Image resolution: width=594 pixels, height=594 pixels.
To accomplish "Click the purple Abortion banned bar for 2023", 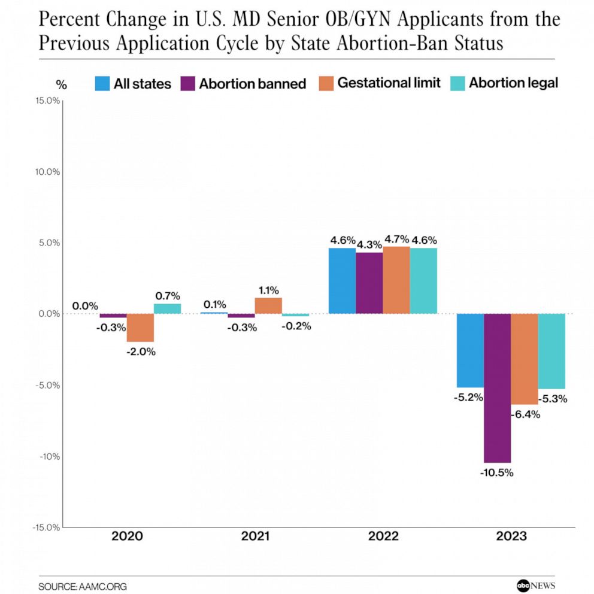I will click(497, 388).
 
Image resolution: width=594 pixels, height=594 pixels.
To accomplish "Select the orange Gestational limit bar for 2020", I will click(140, 328).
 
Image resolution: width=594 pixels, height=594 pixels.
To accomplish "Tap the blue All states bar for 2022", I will click(342, 281).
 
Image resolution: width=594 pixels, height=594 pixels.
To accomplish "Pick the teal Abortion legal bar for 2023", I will click(551, 351).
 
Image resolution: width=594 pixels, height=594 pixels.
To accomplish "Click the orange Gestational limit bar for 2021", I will click(268, 306).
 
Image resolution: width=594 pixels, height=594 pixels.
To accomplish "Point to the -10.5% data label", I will click(496, 472).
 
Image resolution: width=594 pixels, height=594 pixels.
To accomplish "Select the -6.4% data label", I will click(525, 414).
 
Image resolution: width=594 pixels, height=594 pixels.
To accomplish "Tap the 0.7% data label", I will click(167, 296).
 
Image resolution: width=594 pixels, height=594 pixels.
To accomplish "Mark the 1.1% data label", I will click(269, 290).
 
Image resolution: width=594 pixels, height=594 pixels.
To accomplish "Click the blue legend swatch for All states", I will click(102, 83).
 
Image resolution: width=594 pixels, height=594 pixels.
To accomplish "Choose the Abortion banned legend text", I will click(252, 84).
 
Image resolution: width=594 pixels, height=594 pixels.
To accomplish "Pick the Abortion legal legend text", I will click(513, 83).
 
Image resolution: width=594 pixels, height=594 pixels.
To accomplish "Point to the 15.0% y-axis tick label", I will click(46, 101).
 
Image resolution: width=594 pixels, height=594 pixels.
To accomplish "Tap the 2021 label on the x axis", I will click(255, 536).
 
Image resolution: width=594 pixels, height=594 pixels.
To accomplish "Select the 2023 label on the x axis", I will click(511, 536).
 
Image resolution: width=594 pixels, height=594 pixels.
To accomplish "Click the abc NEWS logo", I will click(536, 586).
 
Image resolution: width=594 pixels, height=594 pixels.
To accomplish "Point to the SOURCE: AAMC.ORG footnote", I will click(83, 586).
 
